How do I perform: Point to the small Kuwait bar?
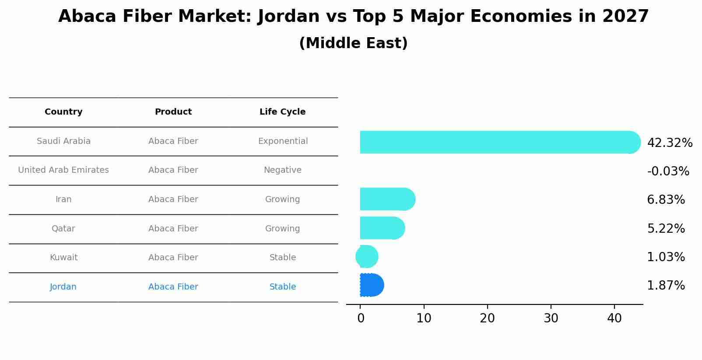tap(367, 257)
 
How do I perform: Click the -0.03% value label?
tap(668, 171)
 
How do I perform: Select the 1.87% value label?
tap(666, 286)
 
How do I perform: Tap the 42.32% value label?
tap(670, 143)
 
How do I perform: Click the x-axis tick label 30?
tap(551, 318)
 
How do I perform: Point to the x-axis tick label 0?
tap(361, 318)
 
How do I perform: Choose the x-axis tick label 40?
tap(614, 318)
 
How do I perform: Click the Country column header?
tap(63, 112)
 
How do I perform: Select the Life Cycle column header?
tap(282, 112)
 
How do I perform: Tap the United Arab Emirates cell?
tap(63, 170)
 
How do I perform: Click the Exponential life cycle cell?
tap(283, 141)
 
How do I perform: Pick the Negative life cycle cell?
tap(282, 170)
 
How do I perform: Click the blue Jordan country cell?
tap(63, 287)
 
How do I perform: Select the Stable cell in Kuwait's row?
tap(282, 258)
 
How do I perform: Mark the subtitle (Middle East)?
tap(353, 43)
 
